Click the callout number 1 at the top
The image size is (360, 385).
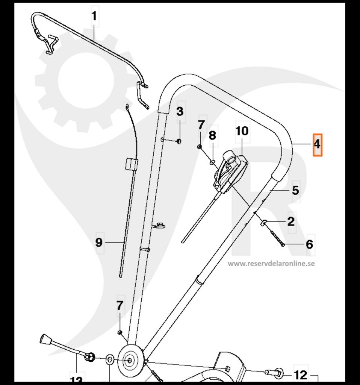point(94,17)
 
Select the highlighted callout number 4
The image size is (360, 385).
point(318,144)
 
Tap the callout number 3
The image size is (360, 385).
point(180,111)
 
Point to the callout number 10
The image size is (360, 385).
point(242,131)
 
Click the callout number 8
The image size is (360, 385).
point(213,135)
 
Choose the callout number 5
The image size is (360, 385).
point(296,190)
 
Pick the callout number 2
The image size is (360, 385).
point(291,221)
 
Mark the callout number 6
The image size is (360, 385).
point(309,244)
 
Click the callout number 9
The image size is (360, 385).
point(98,243)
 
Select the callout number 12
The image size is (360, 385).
point(301,375)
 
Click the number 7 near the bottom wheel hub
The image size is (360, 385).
point(120,306)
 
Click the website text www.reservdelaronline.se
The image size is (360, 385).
point(271,264)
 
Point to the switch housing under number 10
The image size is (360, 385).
point(230,171)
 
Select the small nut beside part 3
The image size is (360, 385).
point(179,141)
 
